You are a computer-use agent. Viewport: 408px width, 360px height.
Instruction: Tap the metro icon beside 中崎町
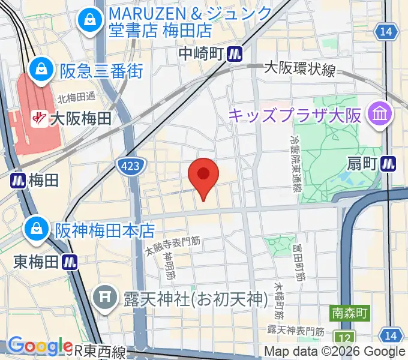[235, 55]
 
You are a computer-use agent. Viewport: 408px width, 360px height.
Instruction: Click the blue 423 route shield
[129, 164]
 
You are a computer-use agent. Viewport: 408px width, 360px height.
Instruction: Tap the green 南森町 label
[350, 313]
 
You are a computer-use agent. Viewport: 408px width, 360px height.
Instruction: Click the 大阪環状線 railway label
[299, 70]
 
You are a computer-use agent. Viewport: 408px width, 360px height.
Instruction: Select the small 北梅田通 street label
[76, 97]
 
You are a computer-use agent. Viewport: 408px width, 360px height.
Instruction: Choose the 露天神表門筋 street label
[295, 331]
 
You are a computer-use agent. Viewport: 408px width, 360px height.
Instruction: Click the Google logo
[40, 346]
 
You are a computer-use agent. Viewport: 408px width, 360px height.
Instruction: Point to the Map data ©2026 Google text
[335, 352]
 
